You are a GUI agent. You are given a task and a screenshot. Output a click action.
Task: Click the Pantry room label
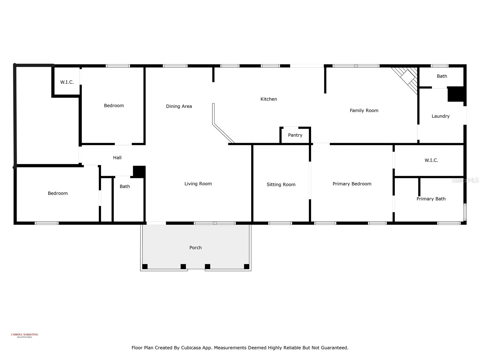coord(295,135)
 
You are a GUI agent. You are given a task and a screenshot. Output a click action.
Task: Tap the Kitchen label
coord(268,99)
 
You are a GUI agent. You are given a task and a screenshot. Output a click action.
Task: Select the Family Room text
coord(364,111)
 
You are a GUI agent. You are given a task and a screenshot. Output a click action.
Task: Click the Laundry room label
coord(440,116)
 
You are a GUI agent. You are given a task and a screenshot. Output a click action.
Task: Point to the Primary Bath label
coord(431,199)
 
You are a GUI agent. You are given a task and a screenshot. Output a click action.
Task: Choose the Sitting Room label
coord(281,185)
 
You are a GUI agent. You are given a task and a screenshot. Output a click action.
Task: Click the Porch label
coord(195,248)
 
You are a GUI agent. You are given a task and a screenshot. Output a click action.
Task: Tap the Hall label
coord(117,158)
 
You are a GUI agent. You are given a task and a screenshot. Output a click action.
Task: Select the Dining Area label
coord(179,106)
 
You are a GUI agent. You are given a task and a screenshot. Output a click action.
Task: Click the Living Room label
coord(198,184)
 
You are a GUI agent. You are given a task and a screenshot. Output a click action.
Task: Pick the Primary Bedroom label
coord(352,184)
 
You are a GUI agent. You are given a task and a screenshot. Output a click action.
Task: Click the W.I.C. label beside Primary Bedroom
coord(431,160)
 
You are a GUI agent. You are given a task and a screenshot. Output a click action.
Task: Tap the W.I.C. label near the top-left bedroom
coord(67,82)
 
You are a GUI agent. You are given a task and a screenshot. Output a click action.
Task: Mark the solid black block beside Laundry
coord(456,94)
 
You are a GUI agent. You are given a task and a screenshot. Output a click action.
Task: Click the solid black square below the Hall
coord(139,172)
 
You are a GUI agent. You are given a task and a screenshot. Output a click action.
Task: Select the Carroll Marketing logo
coord(25,335)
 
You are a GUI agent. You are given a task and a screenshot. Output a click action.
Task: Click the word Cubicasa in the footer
coord(192,348)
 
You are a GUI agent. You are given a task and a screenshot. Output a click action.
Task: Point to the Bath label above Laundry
coord(442,76)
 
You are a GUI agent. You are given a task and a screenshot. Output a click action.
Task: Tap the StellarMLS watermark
coord(465,180)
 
